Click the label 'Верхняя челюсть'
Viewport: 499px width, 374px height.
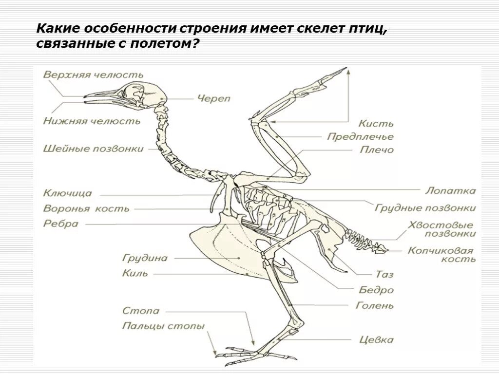[93, 75]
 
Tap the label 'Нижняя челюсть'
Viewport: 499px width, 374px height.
[92, 121]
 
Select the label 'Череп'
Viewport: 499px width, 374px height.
[213, 98]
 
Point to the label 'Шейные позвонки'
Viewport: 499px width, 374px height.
[94, 148]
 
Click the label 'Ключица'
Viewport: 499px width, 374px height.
[68, 193]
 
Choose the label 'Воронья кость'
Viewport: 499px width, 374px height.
[86, 208]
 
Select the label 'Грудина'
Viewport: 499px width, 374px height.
[145, 258]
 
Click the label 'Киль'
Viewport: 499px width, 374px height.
[135, 273]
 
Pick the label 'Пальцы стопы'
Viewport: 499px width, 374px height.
[163, 326]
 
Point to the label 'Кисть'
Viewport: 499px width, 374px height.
[376, 124]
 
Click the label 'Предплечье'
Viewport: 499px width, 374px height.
[360, 137]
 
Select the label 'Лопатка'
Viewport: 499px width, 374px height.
[450, 191]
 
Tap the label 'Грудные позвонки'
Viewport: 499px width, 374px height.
[425, 208]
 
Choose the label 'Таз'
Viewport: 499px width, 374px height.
[384, 275]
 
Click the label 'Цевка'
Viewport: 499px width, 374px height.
[377, 339]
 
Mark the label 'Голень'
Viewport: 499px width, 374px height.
[374, 306]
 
